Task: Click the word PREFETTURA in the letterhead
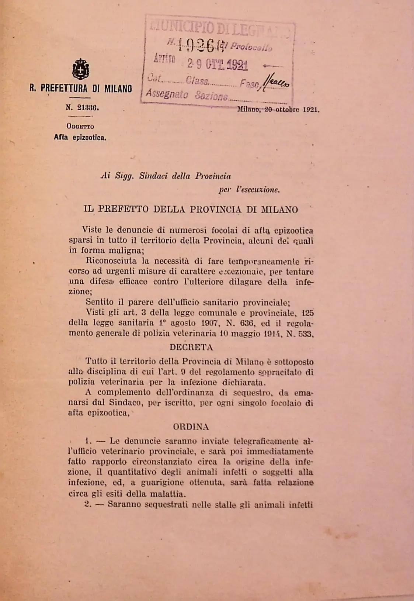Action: [64, 89]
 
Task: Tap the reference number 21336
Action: [88, 108]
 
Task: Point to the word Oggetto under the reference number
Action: [80, 126]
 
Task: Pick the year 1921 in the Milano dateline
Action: [311, 110]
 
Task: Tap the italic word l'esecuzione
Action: [258, 190]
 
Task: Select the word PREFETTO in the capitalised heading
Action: [123, 210]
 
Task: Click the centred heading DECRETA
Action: [191, 347]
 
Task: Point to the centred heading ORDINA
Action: [191, 427]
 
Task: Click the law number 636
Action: [247, 323]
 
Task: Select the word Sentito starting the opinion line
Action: [100, 303]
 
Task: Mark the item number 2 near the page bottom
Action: [88, 504]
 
